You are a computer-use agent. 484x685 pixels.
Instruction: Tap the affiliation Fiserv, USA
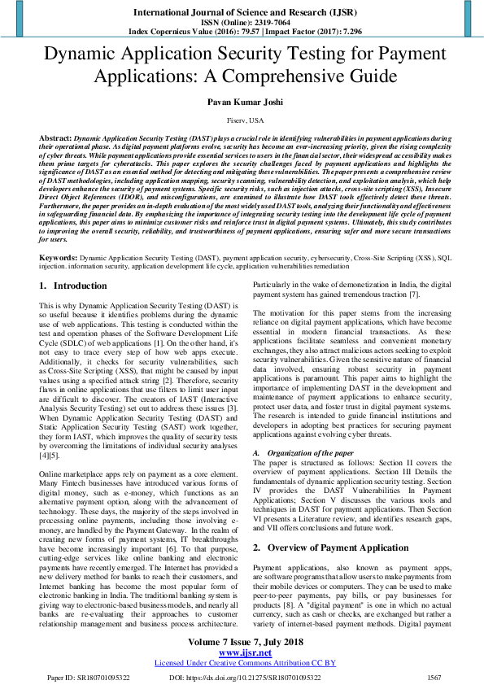(242, 120)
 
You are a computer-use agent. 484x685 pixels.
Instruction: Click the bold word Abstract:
(55, 139)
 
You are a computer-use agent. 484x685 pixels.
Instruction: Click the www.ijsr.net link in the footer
(242, 652)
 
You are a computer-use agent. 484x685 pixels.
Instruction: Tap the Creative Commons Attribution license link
(242, 663)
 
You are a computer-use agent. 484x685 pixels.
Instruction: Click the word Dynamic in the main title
(80, 55)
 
